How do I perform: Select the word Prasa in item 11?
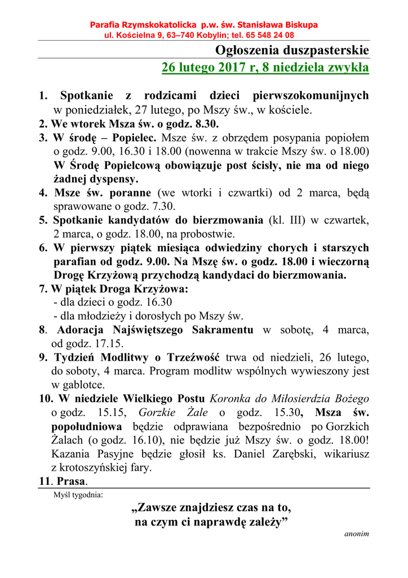[x=71, y=481]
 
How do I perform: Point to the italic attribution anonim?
[x=356, y=533]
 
